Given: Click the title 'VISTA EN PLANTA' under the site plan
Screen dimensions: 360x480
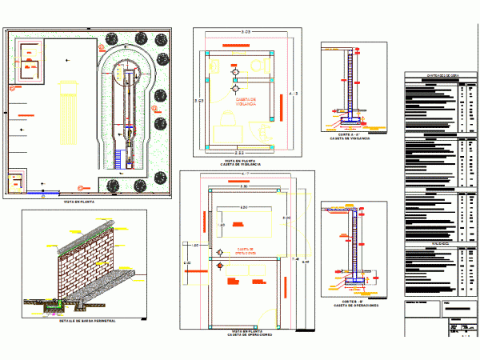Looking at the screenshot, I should [x=86, y=203].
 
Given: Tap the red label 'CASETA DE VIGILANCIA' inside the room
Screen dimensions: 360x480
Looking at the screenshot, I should [x=245, y=102].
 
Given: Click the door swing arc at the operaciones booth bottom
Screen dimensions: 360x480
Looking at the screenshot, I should [x=276, y=312].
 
